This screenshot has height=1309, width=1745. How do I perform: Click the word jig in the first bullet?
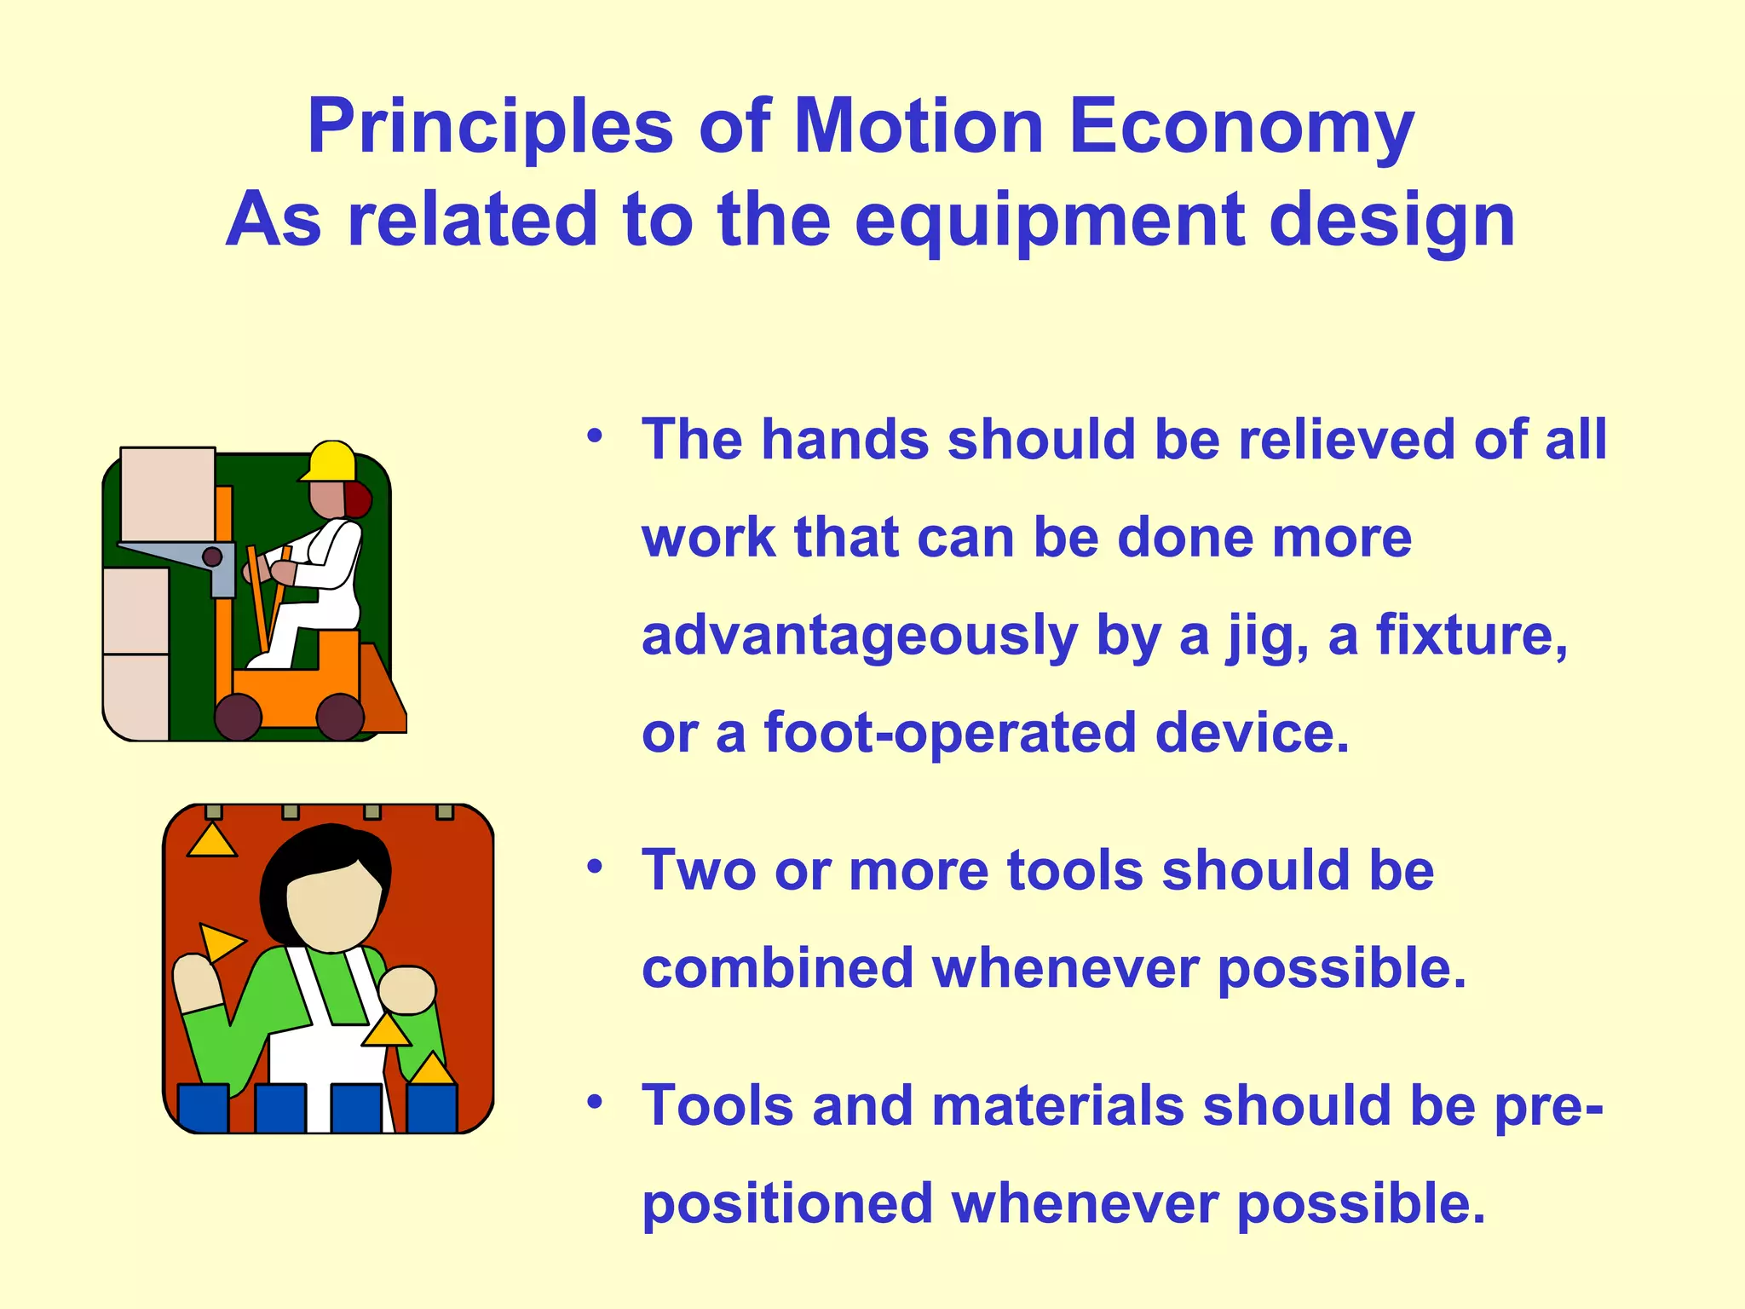tap(1267, 637)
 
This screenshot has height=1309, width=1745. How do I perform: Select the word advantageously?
tap(859, 637)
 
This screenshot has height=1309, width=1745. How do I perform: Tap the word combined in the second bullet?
tap(776, 969)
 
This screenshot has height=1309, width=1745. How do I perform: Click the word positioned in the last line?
tap(786, 1203)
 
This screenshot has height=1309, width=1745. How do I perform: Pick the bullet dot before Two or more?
tap(595, 868)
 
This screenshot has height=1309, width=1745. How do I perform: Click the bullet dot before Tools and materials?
tap(595, 1103)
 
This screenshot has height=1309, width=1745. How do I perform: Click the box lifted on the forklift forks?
tap(167, 494)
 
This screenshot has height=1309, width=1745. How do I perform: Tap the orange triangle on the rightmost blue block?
tap(432, 1070)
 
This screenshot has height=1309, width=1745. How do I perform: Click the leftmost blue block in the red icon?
tap(203, 1107)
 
